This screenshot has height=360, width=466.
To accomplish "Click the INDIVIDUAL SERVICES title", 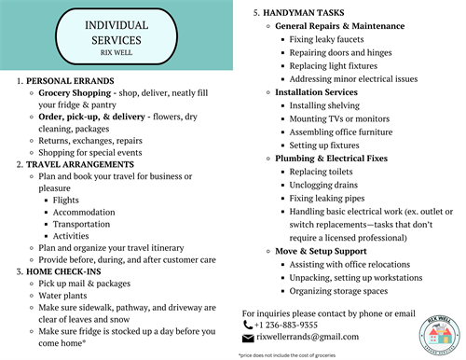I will coord(116,32).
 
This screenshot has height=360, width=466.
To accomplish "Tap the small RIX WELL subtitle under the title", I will coord(116,54).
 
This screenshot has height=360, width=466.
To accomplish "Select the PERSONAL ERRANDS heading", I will coord(63,81).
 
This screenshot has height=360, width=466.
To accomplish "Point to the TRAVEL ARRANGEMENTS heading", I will coord(79,164).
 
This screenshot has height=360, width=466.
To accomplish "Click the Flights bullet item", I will coord(65,200).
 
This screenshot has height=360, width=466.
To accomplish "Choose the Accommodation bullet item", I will coord(84,212).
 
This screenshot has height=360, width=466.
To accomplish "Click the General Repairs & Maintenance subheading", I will coord(339,26).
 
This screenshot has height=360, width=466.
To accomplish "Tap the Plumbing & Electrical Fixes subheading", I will coord(331,159).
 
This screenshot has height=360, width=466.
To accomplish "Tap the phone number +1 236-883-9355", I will coord(285,325).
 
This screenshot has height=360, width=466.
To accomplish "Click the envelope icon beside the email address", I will coord(247,337).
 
